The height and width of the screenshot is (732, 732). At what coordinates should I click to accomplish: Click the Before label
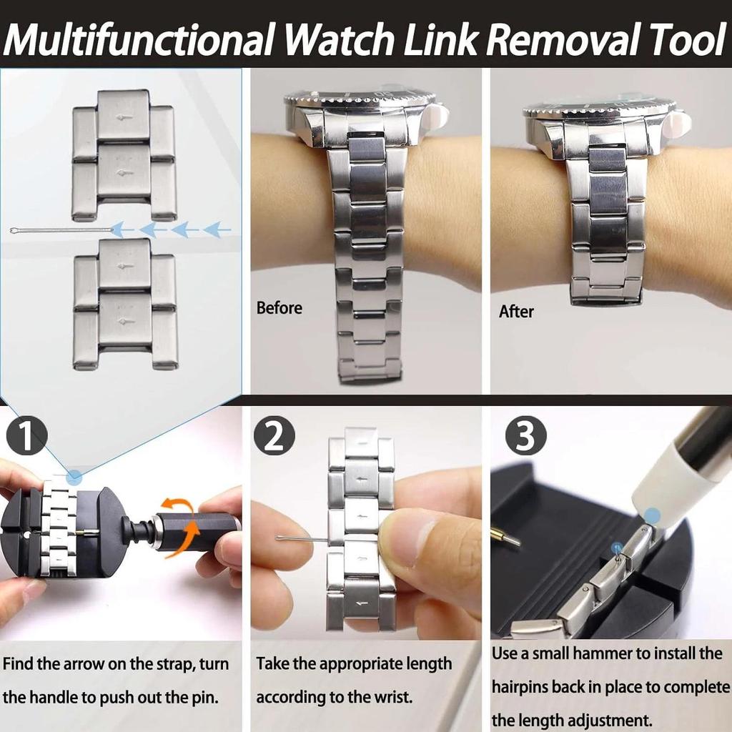(280, 308)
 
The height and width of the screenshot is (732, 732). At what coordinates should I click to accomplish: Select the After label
(516, 312)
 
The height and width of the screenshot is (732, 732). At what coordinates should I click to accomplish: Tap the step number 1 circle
(26, 437)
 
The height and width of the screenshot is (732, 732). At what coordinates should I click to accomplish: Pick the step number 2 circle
(274, 437)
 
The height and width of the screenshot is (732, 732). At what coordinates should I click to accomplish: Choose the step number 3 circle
(525, 437)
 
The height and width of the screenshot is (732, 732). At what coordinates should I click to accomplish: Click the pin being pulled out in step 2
(300, 539)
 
